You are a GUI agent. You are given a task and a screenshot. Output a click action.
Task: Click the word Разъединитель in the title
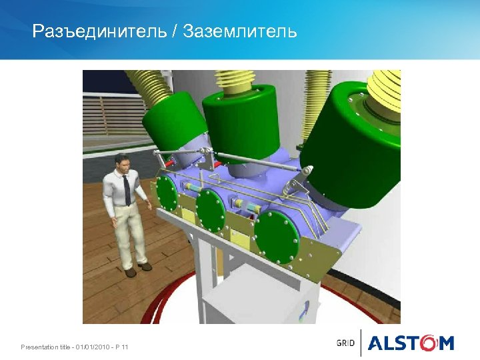tap(99, 31)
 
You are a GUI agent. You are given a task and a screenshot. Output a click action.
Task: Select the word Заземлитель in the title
tap(240, 31)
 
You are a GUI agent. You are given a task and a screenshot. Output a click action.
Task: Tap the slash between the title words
tap(175, 31)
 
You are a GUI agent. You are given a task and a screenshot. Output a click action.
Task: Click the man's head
tap(121, 162)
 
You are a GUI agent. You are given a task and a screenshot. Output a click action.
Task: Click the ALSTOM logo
tap(411, 343)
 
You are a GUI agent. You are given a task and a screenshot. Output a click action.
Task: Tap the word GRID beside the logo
tap(345, 343)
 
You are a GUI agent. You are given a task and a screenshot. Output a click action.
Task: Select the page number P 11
tap(122, 347)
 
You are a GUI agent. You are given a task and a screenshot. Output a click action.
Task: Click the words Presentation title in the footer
tap(46, 347)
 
